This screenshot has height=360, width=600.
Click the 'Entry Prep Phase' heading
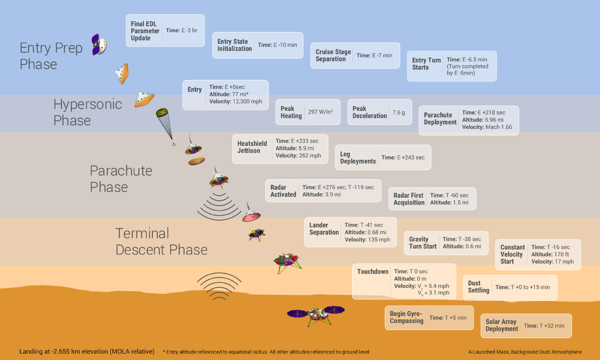click(x=51, y=56)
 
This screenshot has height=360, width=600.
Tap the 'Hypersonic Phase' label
click(x=87, y=112)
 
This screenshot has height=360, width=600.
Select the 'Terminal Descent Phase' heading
click(x=161, y=242)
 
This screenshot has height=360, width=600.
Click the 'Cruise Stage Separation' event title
click(x=333, y=55)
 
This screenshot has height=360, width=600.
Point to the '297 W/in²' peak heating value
click(x=320, y=112)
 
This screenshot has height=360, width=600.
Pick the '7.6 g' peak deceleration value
click(x=398, y=113)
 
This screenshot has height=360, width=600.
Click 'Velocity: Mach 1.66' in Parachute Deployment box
click(x=487, y=127)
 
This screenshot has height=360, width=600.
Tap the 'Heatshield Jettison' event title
click(x=252, y=147)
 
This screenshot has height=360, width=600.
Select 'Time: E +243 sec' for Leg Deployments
click(x=403, y=158)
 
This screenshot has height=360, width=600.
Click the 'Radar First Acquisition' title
click(x=409, y=199)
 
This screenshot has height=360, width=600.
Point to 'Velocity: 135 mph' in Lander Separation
click(x=367, y=240)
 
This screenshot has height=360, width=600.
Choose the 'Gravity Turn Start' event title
click(x=422, y=243)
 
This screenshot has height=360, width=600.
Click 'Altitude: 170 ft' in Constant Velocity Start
click(x=550, y=254)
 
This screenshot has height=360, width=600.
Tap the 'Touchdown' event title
click(x=373, y=271)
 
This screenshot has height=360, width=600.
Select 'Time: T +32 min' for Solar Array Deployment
click(x=544, y=326)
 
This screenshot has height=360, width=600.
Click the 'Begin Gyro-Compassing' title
click(x=406, y=317)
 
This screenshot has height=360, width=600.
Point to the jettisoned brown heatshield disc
click(x=196, y=161)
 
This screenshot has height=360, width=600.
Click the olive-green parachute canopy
click(x=162, y=113)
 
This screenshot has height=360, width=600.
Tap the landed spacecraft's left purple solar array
click(x=297, y=313)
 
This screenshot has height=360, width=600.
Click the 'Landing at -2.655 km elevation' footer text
click(x=87, y=351)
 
